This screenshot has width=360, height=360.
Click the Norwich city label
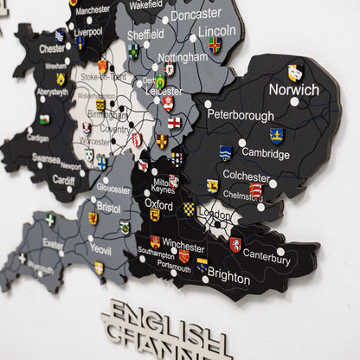tap(293, 89)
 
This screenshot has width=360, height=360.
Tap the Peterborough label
tap(241, 114)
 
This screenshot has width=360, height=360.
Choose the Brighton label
tap(228, 279)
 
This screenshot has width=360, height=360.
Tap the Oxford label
tap(158, 204)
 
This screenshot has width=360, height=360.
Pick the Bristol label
tap(109, 208)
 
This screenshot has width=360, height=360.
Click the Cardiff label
tap(64, 180)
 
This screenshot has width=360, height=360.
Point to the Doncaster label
tap(196, 15)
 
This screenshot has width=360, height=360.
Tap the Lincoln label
tap(216, 30)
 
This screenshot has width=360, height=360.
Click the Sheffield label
tap(145, 35)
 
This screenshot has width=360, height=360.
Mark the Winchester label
tap(183, 247)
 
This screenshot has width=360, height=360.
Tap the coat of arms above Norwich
tap(295, 72)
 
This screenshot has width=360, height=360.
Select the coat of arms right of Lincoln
tap(215, 44)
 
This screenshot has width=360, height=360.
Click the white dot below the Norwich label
tap(294, 101)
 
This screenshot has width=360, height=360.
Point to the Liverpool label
tap(87, 31)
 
